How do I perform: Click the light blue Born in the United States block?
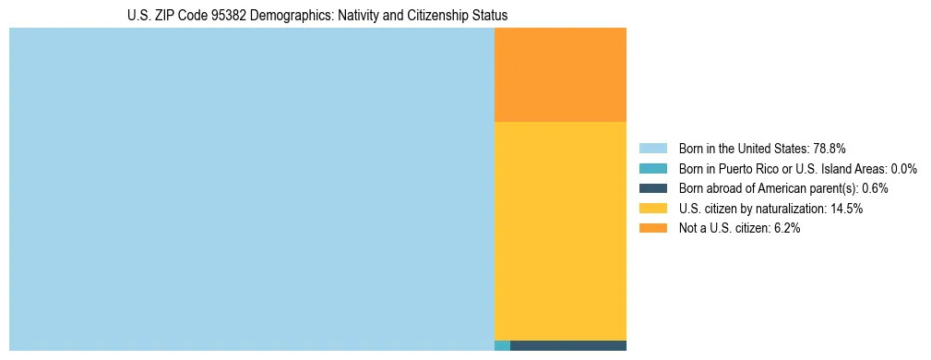click(x=251, y=189)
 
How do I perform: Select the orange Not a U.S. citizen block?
click(x=560, y=75)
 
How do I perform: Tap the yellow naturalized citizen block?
click(x=560, y=231)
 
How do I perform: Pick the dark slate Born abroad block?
click(x=567, y=346)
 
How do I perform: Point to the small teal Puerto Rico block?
click(x=502, y=346)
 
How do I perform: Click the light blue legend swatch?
click(x=652, y=149)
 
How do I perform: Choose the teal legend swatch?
click(x=652, y=169)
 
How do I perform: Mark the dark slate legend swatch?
click(x=652, y=188)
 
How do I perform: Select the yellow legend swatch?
click(x=652, y=209)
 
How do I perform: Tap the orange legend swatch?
click(x=652, y=228)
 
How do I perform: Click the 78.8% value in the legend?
click(x=830, y=149)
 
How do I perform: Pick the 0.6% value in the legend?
click(x=875, y=188)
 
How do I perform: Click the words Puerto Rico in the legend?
click(x=748, y=169)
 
